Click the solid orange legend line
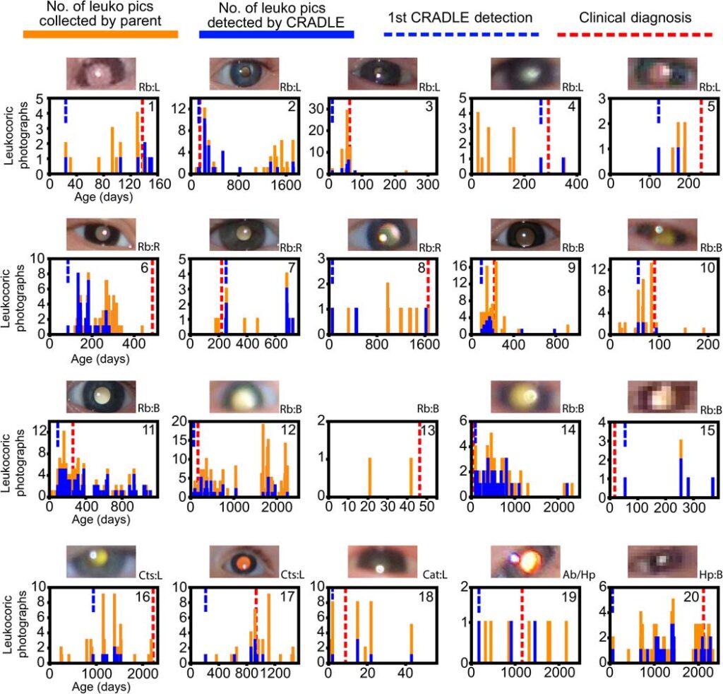[x=100, y=33]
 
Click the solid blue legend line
[x=277, y=33]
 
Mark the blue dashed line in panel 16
[x=92, y=599]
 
